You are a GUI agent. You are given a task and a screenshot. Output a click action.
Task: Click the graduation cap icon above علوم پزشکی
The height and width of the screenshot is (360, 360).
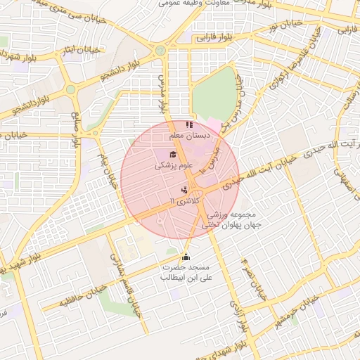click(x=173, y=154)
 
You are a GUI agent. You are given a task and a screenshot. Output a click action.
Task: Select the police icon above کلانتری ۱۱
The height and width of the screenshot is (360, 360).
click(x=184, y=189)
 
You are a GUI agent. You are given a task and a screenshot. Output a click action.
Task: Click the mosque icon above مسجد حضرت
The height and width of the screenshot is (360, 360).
click(x=186, y=257)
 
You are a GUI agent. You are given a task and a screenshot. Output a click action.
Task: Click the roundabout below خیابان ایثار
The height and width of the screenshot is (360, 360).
click(x=71, y=89)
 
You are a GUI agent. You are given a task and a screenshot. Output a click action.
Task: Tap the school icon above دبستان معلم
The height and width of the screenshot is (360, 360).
click(x=188, y=124)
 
